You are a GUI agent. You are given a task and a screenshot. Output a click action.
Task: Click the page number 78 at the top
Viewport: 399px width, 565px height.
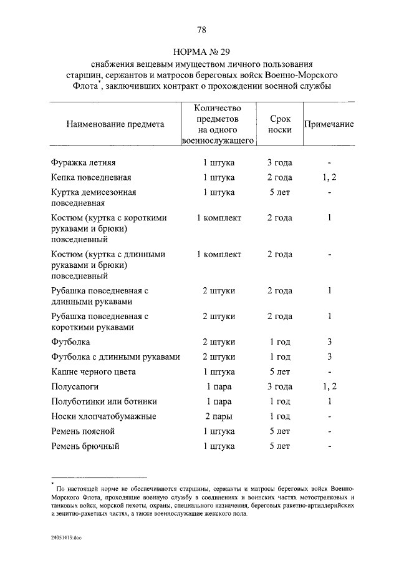pos(201,29)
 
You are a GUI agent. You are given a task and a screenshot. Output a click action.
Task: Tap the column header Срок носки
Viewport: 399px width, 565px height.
pos(279,124)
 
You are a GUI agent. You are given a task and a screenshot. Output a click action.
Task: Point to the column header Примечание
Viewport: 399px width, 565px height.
pos(329,124)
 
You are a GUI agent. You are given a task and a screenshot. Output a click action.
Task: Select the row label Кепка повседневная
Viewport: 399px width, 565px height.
pos(91,178)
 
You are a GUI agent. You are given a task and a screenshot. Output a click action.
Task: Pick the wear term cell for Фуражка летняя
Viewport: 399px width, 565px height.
pos(279,163)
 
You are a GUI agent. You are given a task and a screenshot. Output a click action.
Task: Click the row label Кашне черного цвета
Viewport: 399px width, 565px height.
pos(94,372)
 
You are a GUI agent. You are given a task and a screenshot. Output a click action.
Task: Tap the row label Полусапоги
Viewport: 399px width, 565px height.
pos(75,387)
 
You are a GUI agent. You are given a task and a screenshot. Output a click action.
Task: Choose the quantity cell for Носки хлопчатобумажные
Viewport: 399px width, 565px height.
pos(218,416)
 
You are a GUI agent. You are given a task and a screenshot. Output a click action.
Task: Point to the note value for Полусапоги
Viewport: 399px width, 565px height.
pos(329,387)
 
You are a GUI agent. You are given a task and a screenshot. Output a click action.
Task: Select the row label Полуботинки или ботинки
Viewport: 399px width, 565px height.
pos(103,401)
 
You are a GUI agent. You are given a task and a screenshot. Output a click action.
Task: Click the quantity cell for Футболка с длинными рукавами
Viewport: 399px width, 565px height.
pos(218,357)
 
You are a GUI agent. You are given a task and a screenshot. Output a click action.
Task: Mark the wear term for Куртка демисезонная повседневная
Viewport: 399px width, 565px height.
pos(279,193)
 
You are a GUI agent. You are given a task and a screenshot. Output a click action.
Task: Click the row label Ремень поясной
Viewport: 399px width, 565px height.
pos(83,431)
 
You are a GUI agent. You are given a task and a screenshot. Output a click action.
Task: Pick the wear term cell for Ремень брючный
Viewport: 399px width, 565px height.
pos(279,446)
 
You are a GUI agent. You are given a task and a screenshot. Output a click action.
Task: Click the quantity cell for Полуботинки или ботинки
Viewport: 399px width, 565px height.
pos(218,401)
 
